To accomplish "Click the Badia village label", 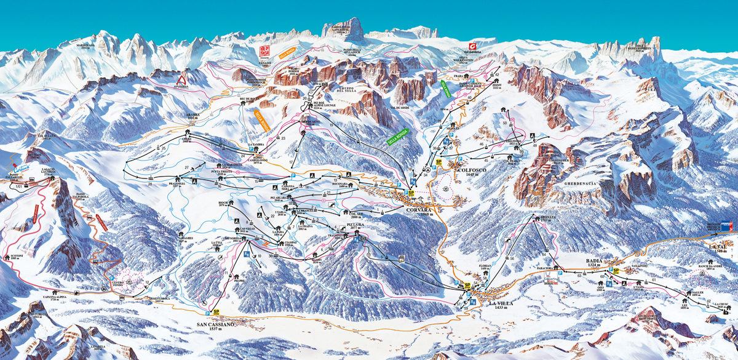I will (594, 262).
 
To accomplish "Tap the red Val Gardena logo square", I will (473, 47).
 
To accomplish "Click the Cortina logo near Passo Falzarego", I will (22, 167).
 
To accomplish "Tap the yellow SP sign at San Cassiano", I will (217, 312).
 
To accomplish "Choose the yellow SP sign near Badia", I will (615, 271).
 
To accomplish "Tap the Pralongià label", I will (177, 184).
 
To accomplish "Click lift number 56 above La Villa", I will (512, 258).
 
